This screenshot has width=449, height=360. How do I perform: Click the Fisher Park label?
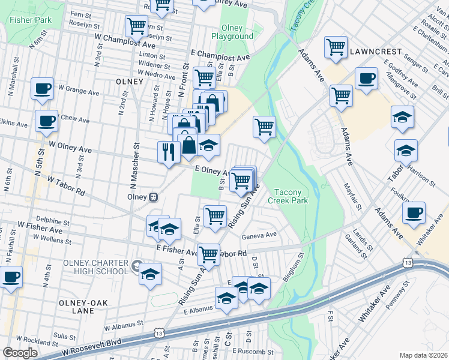click(30, 20)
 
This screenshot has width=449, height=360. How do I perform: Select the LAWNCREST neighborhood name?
click(372, 51)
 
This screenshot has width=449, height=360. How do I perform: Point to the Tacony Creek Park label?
click(291, 196)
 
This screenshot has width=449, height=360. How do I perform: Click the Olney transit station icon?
click(154, 197)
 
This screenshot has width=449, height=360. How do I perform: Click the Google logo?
click(20, 353)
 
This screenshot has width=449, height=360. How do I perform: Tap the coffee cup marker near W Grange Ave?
click(42, 89)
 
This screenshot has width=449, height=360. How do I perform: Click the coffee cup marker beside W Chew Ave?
click(46, 121)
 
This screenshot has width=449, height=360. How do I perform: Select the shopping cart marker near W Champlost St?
click(136, 26)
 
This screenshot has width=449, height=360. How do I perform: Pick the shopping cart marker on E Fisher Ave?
click(208, 254)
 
